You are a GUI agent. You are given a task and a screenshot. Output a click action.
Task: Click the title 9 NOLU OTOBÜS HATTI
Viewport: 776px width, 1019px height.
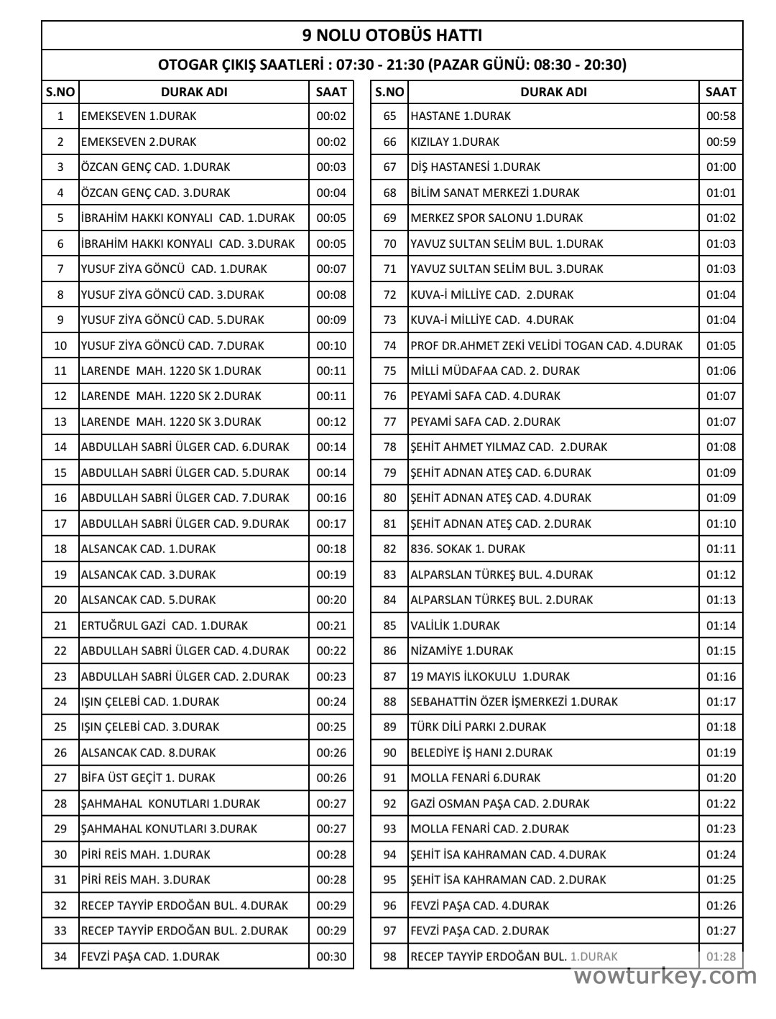click(392, 35)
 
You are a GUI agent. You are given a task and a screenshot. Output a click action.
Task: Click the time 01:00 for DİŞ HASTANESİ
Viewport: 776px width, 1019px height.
click(721, 167)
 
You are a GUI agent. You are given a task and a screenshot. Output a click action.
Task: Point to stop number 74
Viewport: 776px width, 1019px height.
click(389, 345)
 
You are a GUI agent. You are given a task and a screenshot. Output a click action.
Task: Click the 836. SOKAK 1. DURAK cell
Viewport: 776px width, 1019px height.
click(467, 549)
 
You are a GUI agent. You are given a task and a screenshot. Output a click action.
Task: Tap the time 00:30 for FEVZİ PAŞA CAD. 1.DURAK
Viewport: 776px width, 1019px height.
click(331, 957)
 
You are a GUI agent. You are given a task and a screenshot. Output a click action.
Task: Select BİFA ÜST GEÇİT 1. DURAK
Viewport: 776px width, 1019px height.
click(148, 778)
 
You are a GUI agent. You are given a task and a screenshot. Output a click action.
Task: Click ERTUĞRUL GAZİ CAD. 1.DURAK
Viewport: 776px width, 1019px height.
click(164, 625)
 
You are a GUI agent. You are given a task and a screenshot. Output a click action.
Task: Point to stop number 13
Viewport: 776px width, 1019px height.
click(60, 422)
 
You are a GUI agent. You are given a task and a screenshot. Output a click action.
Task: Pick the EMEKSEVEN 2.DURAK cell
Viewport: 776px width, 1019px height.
click(138, 141)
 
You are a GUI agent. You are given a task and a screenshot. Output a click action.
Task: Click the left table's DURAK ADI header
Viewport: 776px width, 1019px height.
click(194, 92)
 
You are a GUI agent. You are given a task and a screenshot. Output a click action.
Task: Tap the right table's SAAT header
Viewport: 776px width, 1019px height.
click(721, 92)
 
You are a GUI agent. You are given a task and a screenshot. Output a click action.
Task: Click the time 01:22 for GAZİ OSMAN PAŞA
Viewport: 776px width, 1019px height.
click(721, 804)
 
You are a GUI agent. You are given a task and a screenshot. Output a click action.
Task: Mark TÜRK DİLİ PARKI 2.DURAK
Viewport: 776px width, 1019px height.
click(478, 727)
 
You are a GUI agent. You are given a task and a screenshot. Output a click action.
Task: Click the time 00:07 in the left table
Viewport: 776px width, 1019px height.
click(331, 269)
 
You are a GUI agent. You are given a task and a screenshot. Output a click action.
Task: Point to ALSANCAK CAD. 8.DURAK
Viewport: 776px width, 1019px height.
click(148, 753)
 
